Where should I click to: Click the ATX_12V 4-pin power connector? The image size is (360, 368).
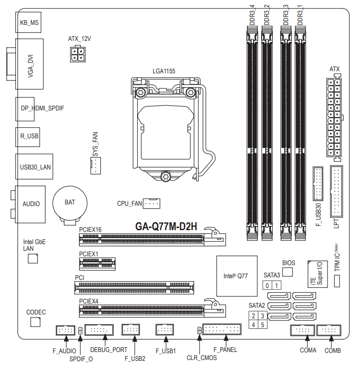click(78, 54)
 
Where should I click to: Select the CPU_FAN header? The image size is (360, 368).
click(152, 204)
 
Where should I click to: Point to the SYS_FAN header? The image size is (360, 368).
click(96, 166)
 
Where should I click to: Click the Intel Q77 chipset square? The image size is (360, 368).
click(237, 276)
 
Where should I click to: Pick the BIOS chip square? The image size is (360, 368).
click(287, 272)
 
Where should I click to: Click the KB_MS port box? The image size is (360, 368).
click(28, 22)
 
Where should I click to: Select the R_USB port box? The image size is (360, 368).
click(28, 137)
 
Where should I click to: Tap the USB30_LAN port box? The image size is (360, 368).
click(34, 167)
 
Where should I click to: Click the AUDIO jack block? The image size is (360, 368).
click(30, 204)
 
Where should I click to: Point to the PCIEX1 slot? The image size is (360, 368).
click(97, 264)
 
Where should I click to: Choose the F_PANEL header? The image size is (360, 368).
click(222, 329)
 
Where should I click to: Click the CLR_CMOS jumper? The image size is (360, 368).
click(200, 330)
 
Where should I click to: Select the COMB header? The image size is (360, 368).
click(329, 330)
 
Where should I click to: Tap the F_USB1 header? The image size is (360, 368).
click(165, 330)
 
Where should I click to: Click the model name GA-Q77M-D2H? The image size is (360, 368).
click(166, 226)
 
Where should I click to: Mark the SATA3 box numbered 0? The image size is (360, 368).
click(267, 285)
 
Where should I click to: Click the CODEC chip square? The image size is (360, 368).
click(35, 322)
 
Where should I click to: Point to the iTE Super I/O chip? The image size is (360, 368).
click(318, 274)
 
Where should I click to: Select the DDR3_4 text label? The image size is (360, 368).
click(252, 15)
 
